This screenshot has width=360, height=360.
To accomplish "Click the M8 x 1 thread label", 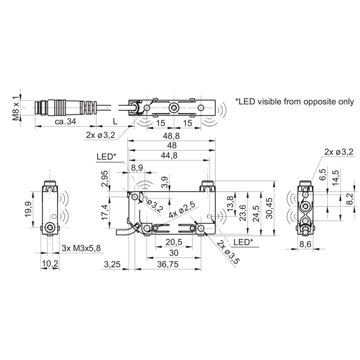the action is [16, 108].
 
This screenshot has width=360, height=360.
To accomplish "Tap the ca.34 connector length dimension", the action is [65, 121].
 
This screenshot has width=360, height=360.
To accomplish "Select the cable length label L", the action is [115, 121].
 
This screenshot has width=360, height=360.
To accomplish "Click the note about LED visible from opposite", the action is [295, 101].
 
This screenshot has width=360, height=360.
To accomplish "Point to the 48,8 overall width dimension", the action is [171, 136].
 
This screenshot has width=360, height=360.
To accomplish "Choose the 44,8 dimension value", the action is [169, 155].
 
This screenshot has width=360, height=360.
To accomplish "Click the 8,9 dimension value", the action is [137, 168].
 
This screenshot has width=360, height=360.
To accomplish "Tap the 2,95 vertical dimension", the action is [105, 178].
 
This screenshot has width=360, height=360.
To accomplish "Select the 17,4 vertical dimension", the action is [105, 212].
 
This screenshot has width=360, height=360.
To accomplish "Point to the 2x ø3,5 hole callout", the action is [229, 252].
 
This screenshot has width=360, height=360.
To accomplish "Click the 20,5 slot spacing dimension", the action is [174, 242].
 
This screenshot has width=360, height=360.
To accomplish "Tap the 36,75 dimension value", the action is [168, 264].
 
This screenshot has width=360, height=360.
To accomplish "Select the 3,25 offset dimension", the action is [112, 264].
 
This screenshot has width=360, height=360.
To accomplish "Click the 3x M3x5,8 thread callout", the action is [81, 248].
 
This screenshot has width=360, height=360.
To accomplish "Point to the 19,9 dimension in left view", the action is [28, 209].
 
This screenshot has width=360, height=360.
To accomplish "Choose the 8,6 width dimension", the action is [306, 244].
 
